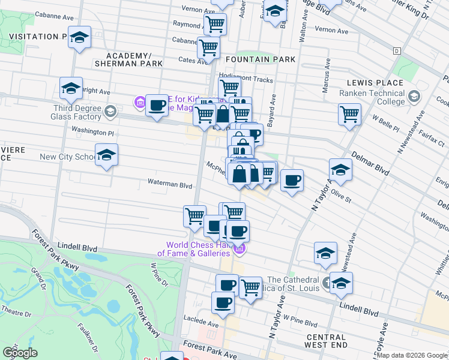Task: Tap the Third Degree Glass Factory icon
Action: [110, 111]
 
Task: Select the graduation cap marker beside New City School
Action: [106, 155]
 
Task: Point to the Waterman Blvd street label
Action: [170, 185]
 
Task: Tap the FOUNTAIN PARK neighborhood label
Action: [261, 59]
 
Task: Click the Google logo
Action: [20, 353]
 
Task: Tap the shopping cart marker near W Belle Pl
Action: [349, 113]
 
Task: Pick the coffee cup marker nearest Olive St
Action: [292, 180]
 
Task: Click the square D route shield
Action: [397, 51]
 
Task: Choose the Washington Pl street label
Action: [93, 130]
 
